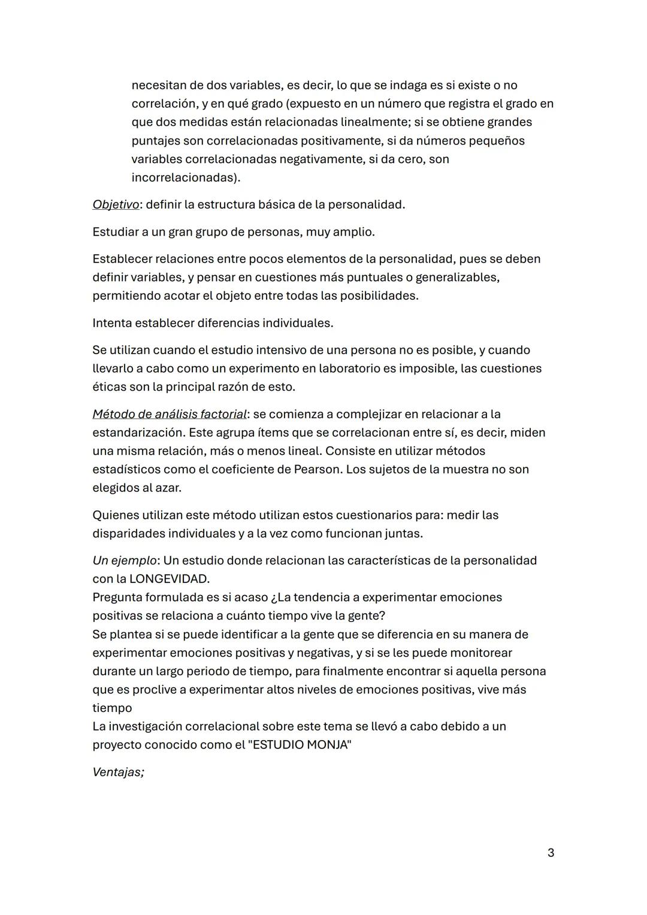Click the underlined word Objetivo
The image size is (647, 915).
coord(116,204)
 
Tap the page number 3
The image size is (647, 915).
coord(551,852)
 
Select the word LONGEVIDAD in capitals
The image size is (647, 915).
coord(170,579)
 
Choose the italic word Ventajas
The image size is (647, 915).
coord(118,772)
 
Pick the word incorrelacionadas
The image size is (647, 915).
coord(183,177)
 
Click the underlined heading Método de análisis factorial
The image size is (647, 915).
coord(170,414)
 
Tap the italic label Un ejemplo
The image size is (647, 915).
coord(125,560)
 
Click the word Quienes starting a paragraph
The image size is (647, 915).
coord(116,515)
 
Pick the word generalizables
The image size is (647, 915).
coord(455,277)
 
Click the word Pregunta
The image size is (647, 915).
coord(117,597)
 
